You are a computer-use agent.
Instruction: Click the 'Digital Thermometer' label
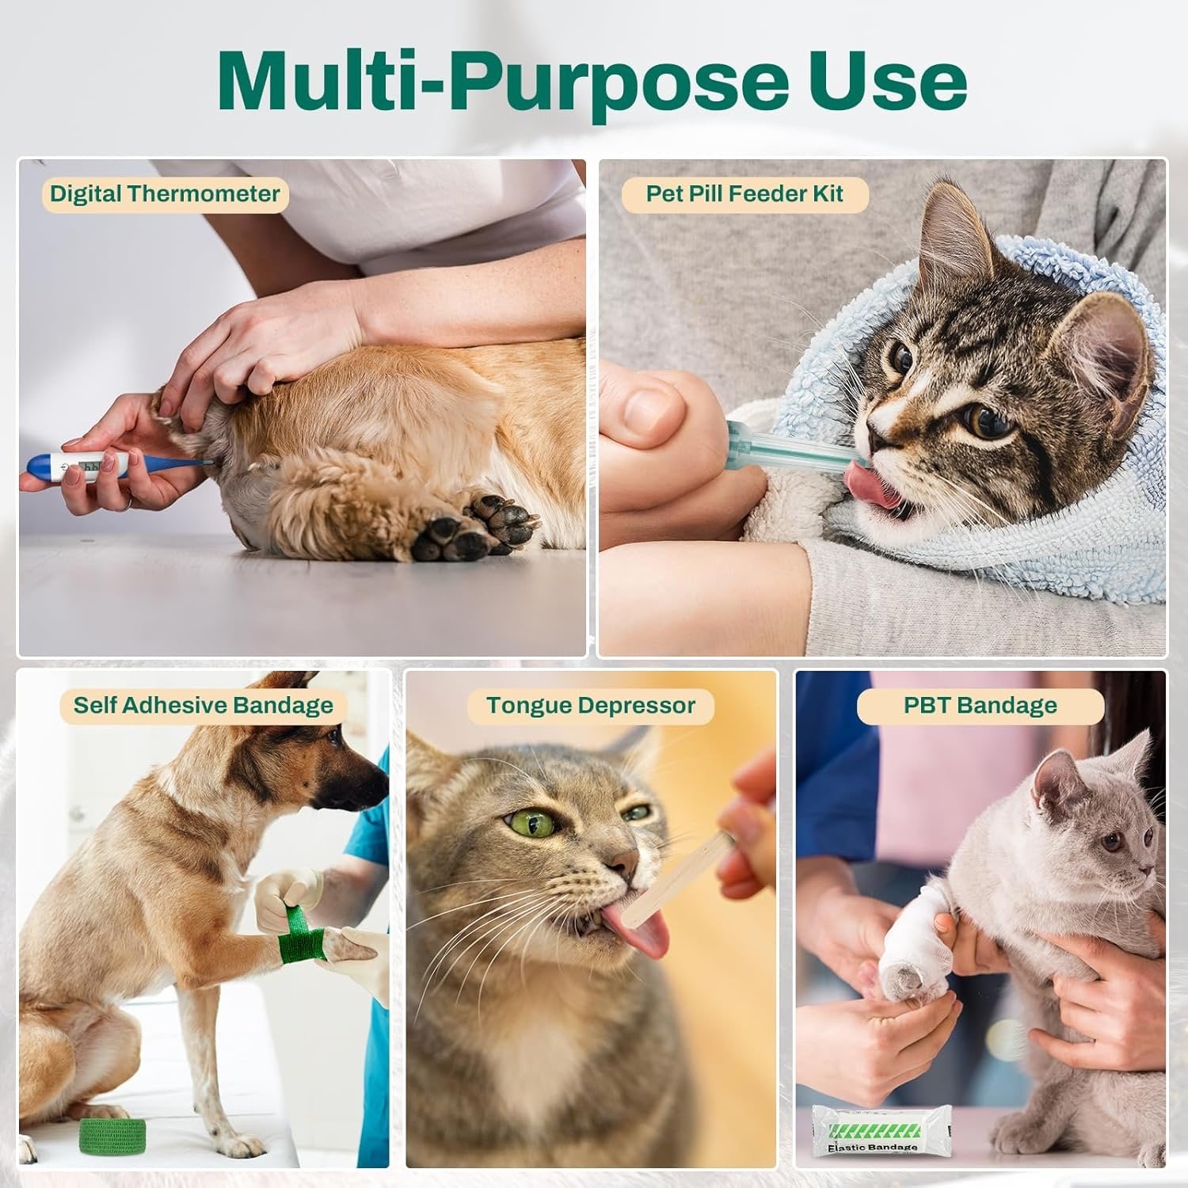coord(165,194)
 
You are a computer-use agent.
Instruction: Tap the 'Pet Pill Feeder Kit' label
coord(744,194)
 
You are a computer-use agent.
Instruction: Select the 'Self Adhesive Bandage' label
coord(204,706)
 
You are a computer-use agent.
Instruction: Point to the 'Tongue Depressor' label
coord(591,706)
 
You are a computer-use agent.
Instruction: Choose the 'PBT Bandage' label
coord(980,706)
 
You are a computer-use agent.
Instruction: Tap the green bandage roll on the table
coord(113,1134)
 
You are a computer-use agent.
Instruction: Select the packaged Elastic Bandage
coord(871,1133)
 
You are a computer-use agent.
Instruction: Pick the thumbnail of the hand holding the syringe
coord(649,408)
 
